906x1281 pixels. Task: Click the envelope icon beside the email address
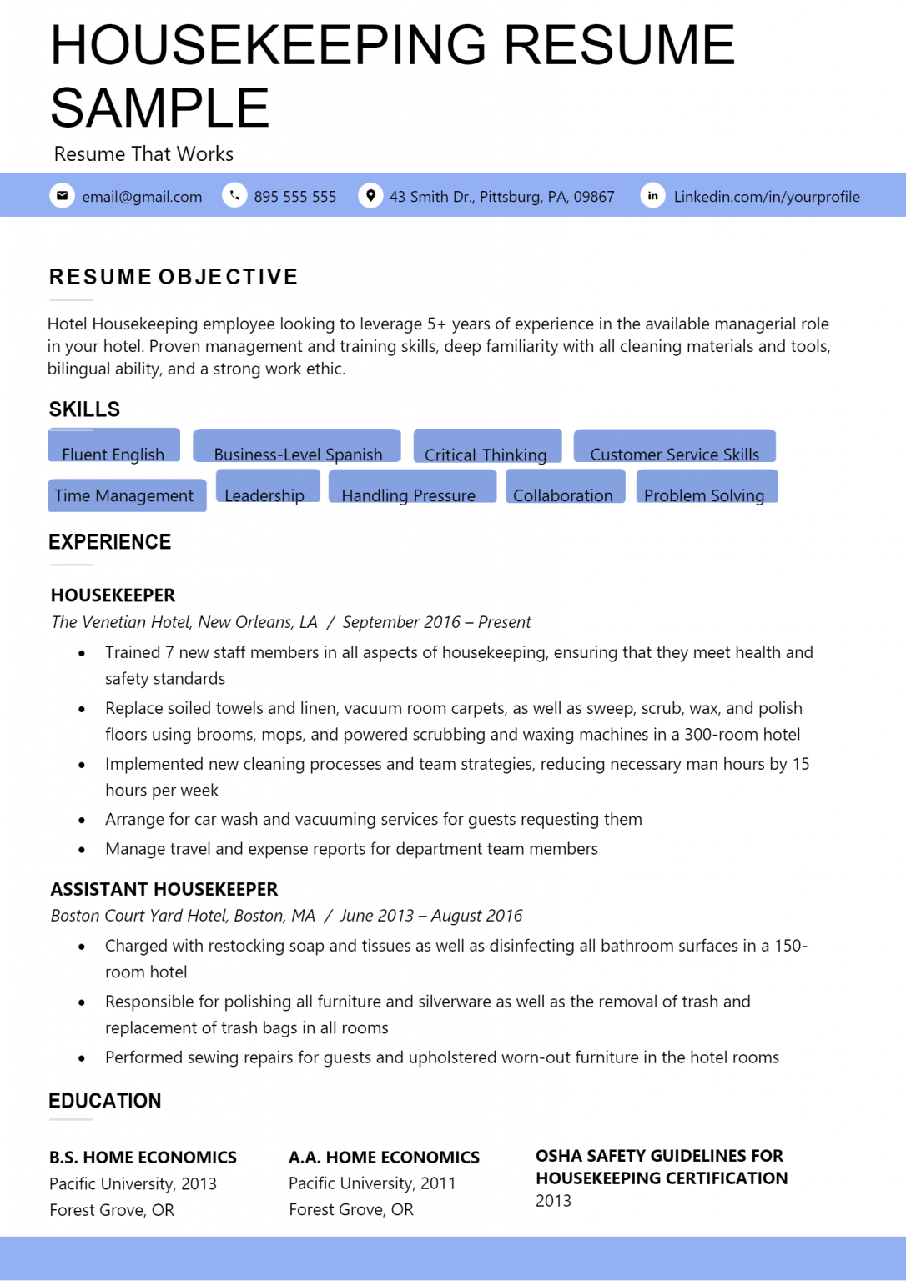tap(62, 196)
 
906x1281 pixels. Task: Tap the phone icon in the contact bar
tap(234, 196)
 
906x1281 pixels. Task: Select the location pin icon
tap(370, 196)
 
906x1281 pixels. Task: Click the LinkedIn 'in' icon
tap(652, 196)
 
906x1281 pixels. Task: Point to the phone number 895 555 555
tap(294, 197)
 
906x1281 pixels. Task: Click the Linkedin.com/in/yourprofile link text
tap(766, 197)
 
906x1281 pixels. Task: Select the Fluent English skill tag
tap(113, 447)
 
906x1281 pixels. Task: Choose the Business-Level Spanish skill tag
tap(297, 447)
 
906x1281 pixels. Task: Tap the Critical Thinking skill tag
tap(486, 447)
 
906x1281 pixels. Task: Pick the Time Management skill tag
tap(125, 495)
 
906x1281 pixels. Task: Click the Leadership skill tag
tap(266, 488)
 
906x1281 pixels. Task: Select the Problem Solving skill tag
tap(706, 488)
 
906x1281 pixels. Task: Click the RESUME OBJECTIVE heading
tap(174, 277)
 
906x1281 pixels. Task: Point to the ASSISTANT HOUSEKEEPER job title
tap(164, 889)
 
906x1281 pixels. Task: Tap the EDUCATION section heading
tap(105, 1101)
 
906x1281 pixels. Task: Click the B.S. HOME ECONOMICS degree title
tap(143, 1158)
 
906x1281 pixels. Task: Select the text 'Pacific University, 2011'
tap(372, 1183)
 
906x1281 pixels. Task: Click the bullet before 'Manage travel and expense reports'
tap(82, 850)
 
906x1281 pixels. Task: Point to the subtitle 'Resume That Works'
tap(143, 154)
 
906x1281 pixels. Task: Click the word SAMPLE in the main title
tap(160, 108)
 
